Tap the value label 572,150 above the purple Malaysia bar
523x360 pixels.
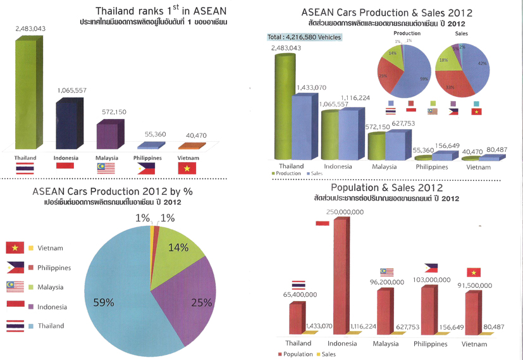114,112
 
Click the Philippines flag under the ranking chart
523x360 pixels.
146,168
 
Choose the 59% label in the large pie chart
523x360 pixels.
104,302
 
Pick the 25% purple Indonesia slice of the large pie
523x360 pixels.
190,297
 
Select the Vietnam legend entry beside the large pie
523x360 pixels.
50,248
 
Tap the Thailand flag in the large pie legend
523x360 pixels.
15,326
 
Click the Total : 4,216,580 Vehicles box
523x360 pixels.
304,37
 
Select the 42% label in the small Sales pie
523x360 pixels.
482,63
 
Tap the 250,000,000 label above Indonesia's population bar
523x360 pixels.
344,212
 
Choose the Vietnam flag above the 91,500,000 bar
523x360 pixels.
473,272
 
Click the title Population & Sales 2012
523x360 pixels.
386,188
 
